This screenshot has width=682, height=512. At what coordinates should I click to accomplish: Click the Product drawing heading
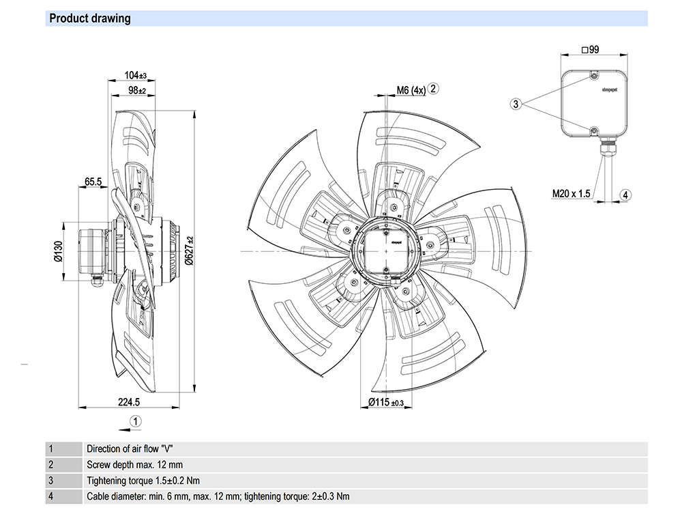(x=90, y=18)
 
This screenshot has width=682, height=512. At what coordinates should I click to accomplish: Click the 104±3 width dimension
(x=136, y=75)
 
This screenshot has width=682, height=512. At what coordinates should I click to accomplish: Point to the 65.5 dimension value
(x=93, y=182)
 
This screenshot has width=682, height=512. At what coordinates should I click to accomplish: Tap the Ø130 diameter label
(x=58, y=251)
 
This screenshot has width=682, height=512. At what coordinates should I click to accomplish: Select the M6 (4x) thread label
(x=411, y=89)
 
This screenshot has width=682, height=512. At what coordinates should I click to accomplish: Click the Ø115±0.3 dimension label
(x=386, y=402)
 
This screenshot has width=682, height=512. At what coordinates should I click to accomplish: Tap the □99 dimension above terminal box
(x=590, y=50)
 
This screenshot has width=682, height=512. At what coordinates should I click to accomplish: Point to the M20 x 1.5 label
(x=571, y=194)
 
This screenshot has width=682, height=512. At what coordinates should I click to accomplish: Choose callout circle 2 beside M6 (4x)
(x=434, y=88)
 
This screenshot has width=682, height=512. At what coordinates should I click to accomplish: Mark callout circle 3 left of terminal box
(x=516, y=104)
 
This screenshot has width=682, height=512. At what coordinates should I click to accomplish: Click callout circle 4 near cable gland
(x=625, y=195)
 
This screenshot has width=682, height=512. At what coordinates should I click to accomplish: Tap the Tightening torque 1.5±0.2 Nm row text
(x=143, y=481)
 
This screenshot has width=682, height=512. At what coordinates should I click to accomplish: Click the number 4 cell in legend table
(x=50, y=496)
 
